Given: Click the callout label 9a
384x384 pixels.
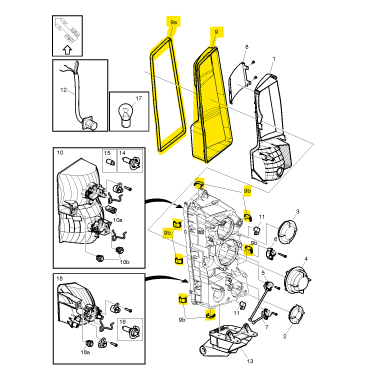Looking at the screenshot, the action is tap(173, 22).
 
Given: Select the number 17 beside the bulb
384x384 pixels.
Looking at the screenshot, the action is tap(138, 98).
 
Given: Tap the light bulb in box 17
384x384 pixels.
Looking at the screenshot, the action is tap(125, 115).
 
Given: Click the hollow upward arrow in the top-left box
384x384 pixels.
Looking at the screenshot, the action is tap(67, 49).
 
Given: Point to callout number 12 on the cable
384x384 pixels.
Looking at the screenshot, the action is tap(63, 90).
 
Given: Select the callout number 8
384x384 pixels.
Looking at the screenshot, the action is tap(246, 46).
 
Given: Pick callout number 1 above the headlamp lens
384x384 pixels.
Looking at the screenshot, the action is tap(274, 59).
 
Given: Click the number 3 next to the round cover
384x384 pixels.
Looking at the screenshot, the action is tap(297, 211).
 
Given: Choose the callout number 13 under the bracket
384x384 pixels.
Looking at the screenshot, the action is tap(250, 361).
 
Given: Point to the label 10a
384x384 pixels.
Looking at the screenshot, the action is tap(117, 220).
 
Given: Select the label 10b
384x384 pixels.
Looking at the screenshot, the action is tap(124, 262).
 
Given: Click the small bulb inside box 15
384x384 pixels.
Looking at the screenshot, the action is tap(110, 162).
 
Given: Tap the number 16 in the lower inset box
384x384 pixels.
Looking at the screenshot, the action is tap(122, 322).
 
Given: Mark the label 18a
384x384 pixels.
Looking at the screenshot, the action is tap(85, 352).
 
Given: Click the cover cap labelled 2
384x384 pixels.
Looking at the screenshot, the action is tap(296, 313).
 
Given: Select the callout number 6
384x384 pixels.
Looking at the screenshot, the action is tap(275, 239).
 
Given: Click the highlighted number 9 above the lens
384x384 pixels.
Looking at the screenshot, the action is tap(216, 32).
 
